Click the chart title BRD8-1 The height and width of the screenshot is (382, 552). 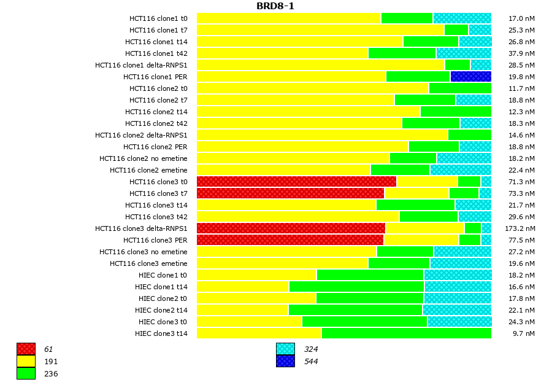(275, 6)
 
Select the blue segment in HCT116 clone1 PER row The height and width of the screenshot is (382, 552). (470, 77)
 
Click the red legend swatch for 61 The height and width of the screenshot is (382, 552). (26, 349)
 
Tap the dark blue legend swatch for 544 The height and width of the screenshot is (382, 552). (285, 361)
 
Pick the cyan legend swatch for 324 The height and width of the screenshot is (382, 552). (285, 349)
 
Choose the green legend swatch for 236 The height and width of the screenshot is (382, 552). (26, 373)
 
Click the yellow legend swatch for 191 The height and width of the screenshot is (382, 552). (26, 361)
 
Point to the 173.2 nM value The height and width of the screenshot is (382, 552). (522, 228)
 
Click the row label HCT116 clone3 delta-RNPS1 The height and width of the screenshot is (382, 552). (141, 228)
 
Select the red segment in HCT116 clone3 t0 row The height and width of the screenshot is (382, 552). (296, 182)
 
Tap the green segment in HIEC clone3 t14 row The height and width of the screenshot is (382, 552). (406, 333)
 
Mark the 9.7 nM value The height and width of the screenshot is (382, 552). (522, 333)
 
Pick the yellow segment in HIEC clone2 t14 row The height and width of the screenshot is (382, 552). (242, 310)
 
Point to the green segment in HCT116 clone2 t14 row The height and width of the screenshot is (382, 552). (455, 112)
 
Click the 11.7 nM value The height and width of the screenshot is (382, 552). (522, 88)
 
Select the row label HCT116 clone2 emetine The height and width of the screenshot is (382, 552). (148, 170)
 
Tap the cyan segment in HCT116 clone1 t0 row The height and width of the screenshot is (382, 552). (462, 18)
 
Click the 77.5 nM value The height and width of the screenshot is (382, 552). (522, 240)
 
